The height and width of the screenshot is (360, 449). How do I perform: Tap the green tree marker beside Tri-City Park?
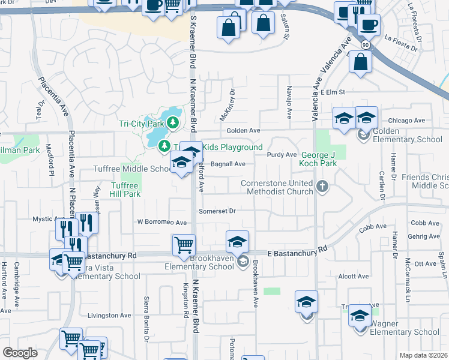(x=173, y=123)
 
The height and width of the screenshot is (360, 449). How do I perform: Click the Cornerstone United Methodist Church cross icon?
(x=322, y=186)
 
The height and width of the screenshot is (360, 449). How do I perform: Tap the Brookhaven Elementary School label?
(x=206, y=262)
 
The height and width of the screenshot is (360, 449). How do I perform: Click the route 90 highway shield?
(x=365, y=45)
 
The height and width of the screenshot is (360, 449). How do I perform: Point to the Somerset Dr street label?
(x=217, y=211)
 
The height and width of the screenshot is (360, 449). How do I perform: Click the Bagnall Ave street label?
(x=228, y=164)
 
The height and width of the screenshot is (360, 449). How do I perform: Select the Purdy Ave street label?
(x=282, y=155)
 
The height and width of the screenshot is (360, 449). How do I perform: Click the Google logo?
(x=20, y=353)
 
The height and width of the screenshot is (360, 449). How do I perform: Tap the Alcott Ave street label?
(x=353, y=277)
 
